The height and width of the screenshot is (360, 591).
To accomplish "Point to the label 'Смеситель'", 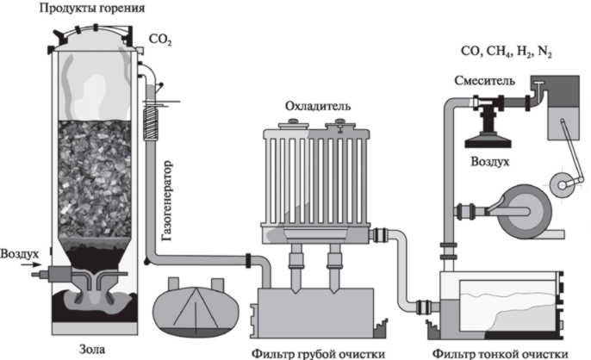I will click(x=485, y=81).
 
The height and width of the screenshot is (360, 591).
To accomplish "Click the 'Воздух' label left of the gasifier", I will click(x=19, y=254).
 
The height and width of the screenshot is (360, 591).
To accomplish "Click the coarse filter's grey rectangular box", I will click(x=314, y=309).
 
